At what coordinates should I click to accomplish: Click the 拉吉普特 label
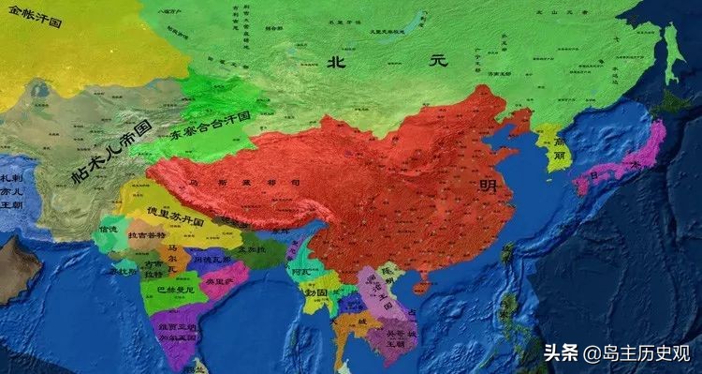147,234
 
